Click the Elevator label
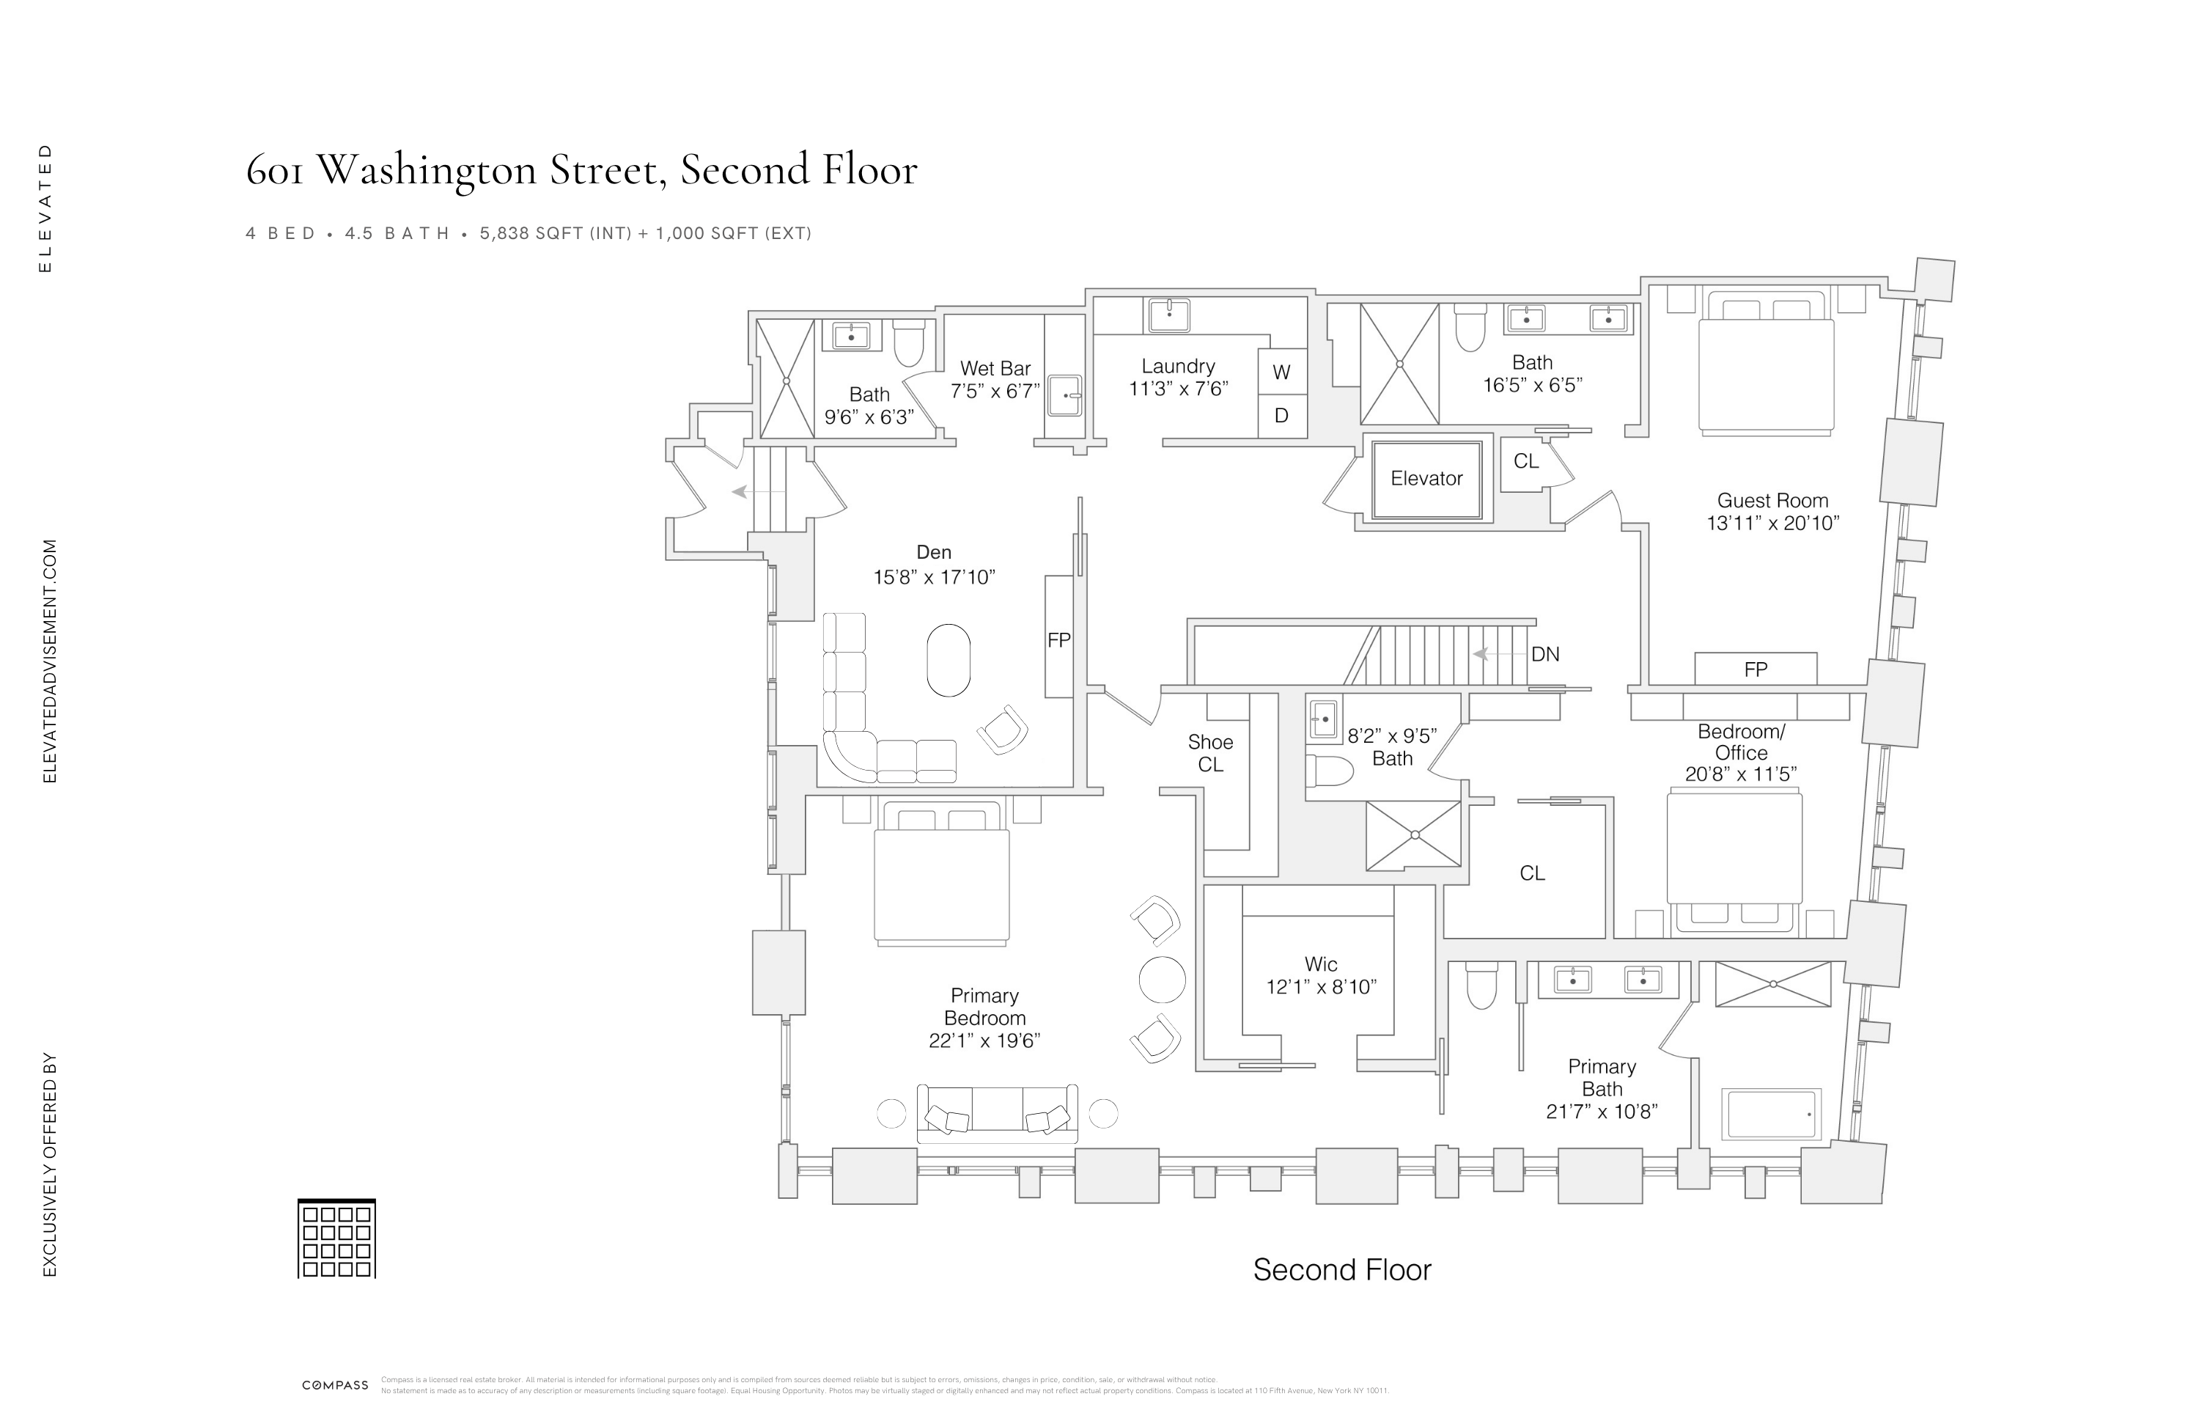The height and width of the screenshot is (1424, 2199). click(1426, 479)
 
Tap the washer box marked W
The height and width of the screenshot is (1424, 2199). click(1281, 372)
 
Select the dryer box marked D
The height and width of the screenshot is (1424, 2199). click(1281, 416)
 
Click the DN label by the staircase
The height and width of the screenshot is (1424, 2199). click(1545, 654)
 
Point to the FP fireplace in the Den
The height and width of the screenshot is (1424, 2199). click(1059, 639)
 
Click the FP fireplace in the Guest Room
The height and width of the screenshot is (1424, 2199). click(1756, 669)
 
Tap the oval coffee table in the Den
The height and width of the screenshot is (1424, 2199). click(949, 660)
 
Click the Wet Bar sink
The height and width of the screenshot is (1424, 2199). click(1065, 395)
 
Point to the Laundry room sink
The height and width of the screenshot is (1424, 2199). click(1169, 314)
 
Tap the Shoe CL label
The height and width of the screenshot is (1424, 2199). click(1210, 753)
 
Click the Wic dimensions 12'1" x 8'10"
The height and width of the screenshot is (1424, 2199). click(1322, 987)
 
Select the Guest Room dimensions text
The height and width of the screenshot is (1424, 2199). click(1772, 523)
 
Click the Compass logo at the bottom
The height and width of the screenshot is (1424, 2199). click(336, 1385)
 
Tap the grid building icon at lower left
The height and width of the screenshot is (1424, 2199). click(336, 1239)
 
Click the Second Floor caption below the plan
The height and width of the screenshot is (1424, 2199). click(1341, 1270)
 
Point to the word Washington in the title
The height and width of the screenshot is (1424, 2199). click(427, 170)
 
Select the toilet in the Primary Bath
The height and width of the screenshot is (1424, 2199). click(1481, 986)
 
